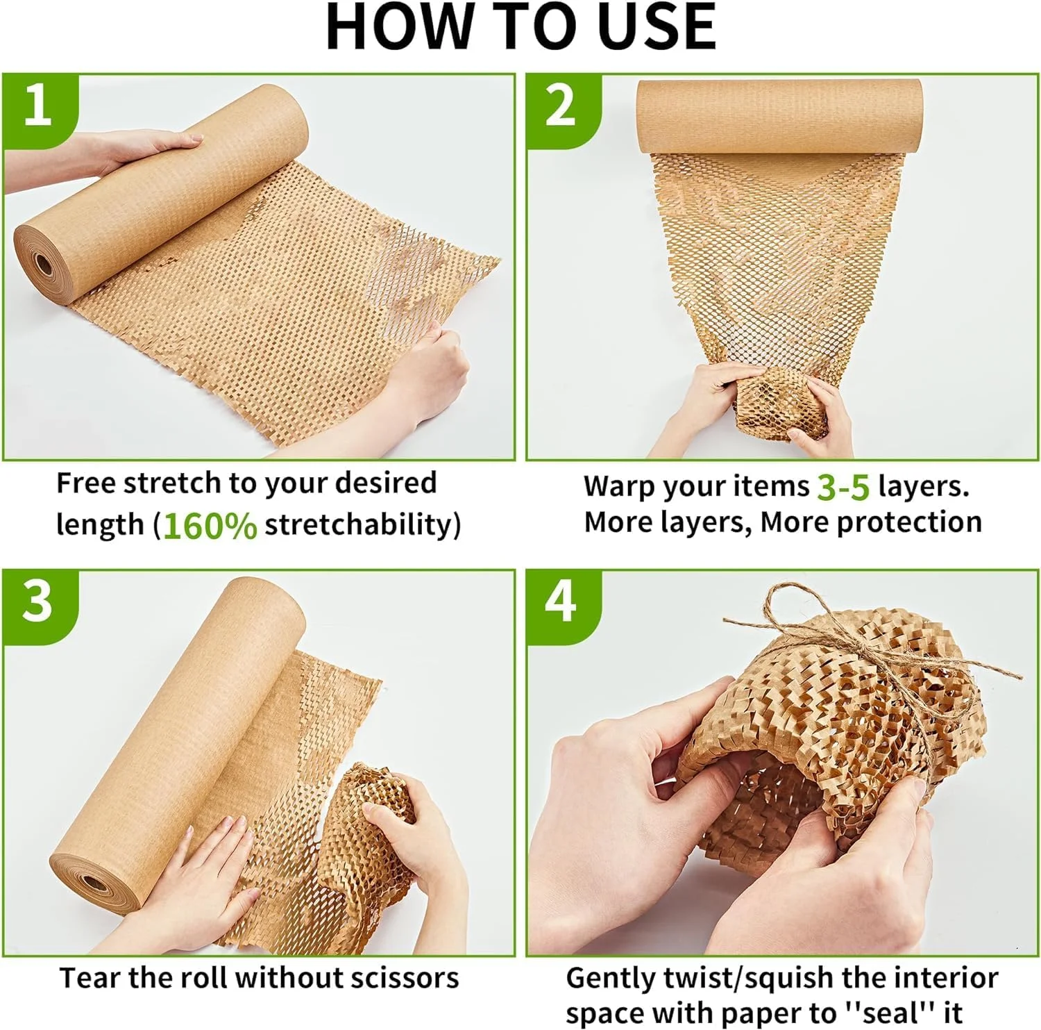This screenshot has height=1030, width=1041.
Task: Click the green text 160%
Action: [210, 526]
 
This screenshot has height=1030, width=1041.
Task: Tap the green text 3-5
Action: [843, 487]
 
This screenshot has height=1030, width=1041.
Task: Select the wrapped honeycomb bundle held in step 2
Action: [781, 404]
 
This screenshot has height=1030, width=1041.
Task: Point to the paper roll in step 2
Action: [779, 117]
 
